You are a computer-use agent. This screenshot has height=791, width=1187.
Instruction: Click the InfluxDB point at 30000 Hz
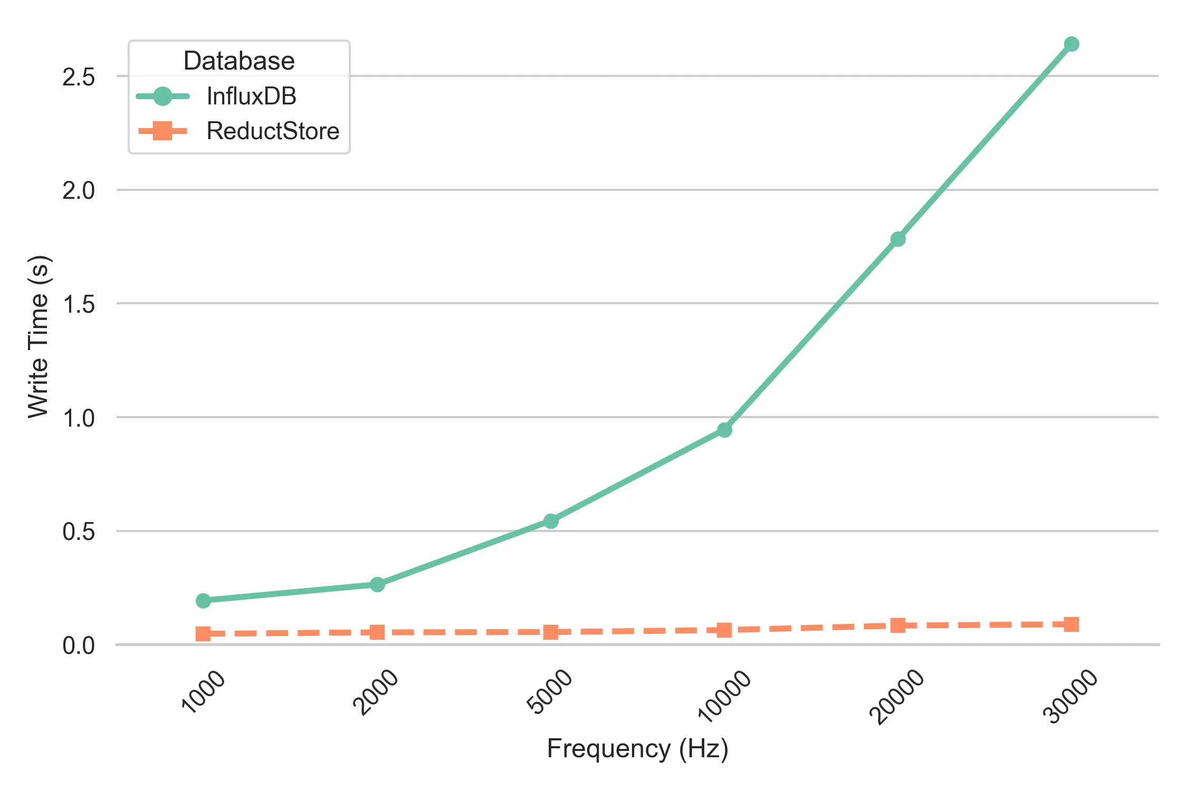coord(1071,44)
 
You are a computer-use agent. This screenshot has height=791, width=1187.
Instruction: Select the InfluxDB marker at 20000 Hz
coord(898,239)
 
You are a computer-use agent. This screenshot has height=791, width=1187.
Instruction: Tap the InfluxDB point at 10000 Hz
coord(724,430)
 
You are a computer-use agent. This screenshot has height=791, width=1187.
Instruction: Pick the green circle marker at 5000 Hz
coord(551,521)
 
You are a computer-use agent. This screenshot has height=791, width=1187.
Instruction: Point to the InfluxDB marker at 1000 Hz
coord(203,601)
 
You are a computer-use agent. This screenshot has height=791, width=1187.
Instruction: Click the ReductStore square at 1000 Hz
coord(203,633)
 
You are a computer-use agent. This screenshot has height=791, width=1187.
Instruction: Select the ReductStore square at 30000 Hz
coord(1071,624)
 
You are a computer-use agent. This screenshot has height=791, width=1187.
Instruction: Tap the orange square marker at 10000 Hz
coord(724,630)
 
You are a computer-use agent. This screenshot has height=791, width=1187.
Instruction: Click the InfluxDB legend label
coord(251,97)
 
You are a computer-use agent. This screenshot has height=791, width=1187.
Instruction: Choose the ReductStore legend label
coord(273,131)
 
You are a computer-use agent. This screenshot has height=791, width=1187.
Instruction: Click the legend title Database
coord(239,61)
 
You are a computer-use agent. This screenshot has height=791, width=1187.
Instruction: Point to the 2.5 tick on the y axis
coord(78,77)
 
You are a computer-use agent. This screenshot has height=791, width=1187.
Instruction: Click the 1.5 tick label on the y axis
coord(78,305)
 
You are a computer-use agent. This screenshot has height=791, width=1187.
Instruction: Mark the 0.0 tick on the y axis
coord(78,645)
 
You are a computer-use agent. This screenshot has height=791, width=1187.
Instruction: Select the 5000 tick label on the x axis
coord(549,691)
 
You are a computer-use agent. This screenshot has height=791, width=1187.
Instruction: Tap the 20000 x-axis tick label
coord(896,696)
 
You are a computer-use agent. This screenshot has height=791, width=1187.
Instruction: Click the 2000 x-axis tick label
coord(375,691)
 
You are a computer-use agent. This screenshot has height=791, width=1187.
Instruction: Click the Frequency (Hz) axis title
coord(637,748)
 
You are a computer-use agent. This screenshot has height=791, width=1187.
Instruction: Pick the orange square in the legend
coord(162,131)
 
